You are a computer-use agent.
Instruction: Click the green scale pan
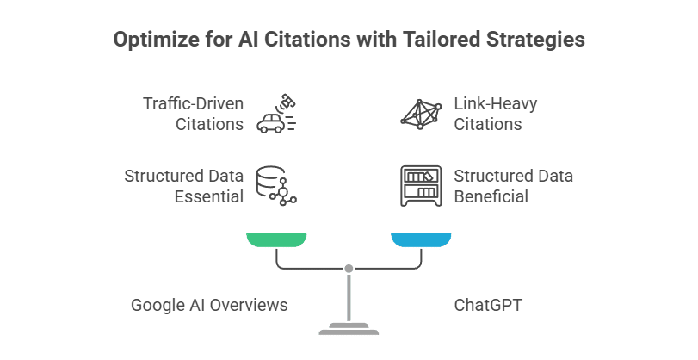(275, 239)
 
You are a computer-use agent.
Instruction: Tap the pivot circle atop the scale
(349, 269)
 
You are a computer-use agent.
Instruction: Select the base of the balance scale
(348, 329)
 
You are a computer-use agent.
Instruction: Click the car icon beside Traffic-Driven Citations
(275, 114)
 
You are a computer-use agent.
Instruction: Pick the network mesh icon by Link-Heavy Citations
(421, 114)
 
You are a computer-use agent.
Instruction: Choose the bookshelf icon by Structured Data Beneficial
(421, 185)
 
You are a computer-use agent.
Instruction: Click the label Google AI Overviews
(209, 305)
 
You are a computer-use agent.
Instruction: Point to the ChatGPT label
(488, 305)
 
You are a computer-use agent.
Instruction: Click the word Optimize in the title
(151, 40)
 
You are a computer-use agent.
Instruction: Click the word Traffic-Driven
(194, 104)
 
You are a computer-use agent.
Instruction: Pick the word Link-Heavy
(496, 104)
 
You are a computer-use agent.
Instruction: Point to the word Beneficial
(491, 196)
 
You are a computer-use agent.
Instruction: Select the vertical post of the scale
(349, 297)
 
